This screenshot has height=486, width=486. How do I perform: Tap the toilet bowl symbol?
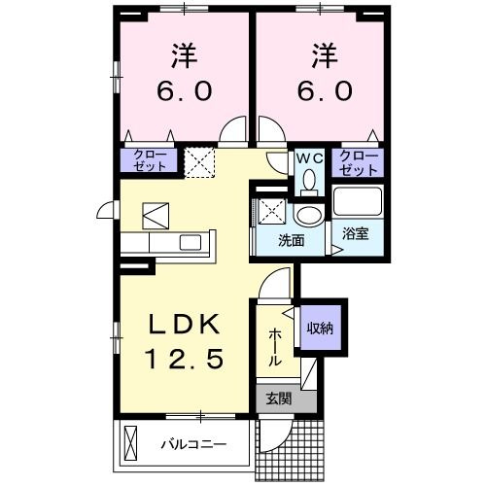(x=309, y=181)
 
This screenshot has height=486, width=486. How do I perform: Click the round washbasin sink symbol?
(x=309, y=215)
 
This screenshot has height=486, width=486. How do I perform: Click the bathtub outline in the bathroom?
(x=358, y=202)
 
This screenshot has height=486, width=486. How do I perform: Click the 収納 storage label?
(x=321, y=329)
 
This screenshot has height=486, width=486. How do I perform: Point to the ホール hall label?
(x=275, y=346)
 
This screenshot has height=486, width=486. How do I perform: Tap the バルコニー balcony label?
(x=193, y=446)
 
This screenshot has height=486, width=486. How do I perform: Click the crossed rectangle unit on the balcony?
(x=133, y=445)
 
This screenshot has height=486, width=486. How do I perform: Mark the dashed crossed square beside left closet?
(x=199, y=160)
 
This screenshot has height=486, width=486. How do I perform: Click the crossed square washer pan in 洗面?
(x=268, y=210)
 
